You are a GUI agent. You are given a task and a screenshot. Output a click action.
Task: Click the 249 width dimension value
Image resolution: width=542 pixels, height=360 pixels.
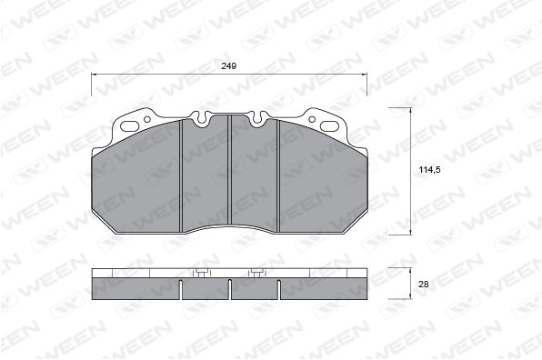click(229, 65)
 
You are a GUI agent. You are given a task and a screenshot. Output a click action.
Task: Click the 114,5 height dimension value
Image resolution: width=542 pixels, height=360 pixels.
click(429, 170)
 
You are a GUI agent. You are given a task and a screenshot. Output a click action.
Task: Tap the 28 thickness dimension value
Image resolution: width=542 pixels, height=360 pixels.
click(424, 285)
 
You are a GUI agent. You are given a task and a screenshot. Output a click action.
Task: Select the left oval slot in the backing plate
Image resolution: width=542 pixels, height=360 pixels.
click(130, 126)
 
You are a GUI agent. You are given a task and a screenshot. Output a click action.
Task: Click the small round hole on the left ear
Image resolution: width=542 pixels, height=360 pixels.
click(147, 119)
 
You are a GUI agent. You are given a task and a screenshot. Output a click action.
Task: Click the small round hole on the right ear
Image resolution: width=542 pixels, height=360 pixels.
click(312, 119)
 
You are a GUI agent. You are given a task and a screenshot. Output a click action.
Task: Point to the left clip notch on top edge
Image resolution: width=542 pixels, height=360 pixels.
click(201, 118)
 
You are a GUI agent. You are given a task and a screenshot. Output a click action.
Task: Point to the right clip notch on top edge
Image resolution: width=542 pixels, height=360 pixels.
click(257, 118)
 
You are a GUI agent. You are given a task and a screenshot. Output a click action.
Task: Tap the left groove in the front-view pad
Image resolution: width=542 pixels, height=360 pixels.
click(180, 175)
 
